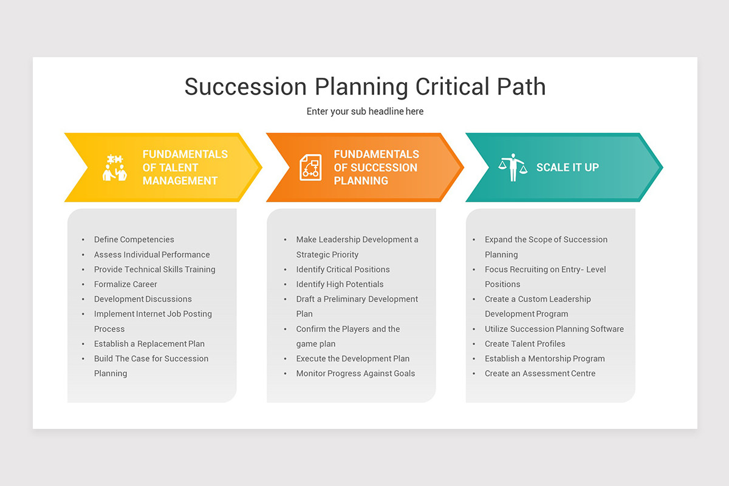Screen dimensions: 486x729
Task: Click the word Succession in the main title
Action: point(246,87)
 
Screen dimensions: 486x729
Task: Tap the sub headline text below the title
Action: point(364,111)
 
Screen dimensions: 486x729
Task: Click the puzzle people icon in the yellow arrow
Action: point(115,168)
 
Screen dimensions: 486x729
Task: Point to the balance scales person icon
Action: point(513,167)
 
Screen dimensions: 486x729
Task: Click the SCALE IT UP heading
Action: point(567,168)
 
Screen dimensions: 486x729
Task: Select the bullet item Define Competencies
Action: point(134,240)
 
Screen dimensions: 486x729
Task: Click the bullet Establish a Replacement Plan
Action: point(149,344)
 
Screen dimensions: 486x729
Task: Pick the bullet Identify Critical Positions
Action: point(343,270)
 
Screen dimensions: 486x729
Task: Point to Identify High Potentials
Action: point(340,284)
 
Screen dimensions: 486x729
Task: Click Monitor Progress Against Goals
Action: point(355,374)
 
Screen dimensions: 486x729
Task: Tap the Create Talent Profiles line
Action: point(525,344)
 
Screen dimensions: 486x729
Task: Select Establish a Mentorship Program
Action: point(544,359)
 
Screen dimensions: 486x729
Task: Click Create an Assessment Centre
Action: point(539,374)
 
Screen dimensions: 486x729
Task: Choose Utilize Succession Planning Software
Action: point(554,329)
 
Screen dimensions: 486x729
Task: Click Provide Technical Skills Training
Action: point(154,270)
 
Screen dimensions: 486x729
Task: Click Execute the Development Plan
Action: point(352,359)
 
